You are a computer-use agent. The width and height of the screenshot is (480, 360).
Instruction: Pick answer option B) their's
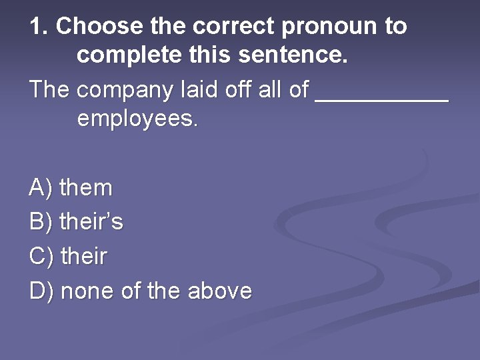point(77,222)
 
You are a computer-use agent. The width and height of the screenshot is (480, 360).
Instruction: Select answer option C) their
point(69,256)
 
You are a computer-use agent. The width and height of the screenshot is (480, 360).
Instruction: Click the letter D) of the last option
point(41,291)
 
